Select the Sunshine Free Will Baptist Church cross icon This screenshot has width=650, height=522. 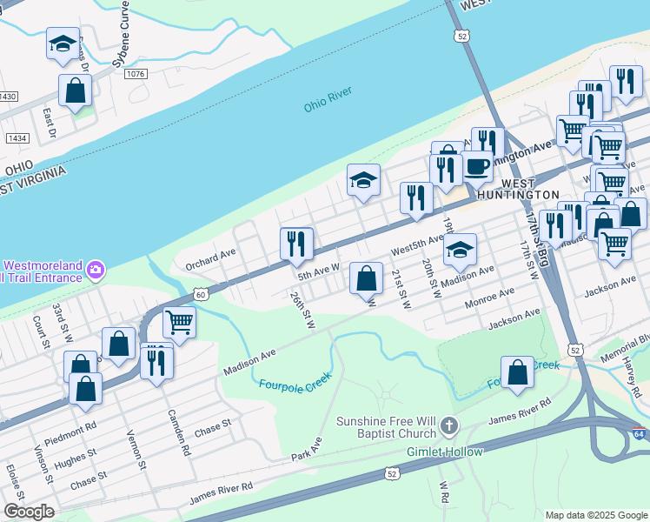[x=449, y=426]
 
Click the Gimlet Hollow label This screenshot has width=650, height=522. [x=445, y=452]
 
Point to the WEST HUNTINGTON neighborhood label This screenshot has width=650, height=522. [x=531, y=188]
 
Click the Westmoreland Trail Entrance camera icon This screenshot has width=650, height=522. [x=96, y=271]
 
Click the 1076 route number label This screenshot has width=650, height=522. [x=135, y=75]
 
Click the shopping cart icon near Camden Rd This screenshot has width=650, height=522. [x=179, y=322]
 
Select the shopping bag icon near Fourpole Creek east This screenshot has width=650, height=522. [x=518, y=371]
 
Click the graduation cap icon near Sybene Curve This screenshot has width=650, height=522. [x=63, y=45]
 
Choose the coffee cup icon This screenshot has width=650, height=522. [x=476, y=166]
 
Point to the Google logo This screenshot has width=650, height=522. [x=30, y=512]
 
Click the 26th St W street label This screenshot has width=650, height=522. [x=302, y=309]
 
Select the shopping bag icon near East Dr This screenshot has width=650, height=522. [x=76, y=90]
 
